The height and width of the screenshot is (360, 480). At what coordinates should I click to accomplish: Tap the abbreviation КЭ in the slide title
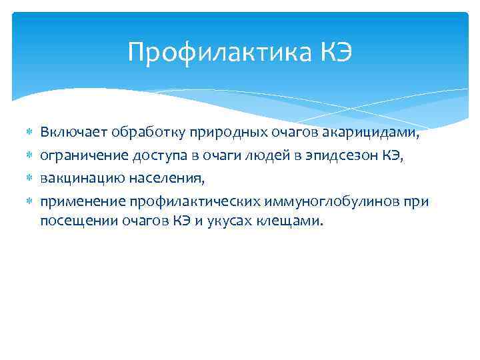333,51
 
